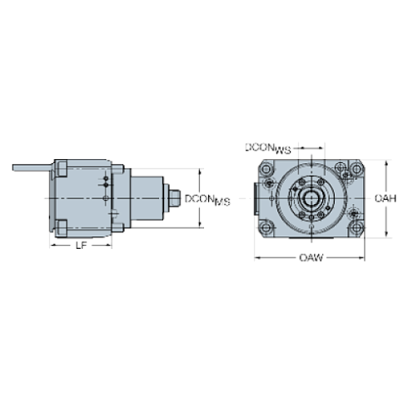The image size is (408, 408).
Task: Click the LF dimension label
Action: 81,245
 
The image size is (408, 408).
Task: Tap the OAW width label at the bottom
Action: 310,258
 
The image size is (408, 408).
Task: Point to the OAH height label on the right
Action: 386,198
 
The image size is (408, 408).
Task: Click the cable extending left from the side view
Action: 29,169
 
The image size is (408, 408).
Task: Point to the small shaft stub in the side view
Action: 175,199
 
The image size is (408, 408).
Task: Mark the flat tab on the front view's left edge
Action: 252,199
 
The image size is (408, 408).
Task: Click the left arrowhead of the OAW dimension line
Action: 256,258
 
